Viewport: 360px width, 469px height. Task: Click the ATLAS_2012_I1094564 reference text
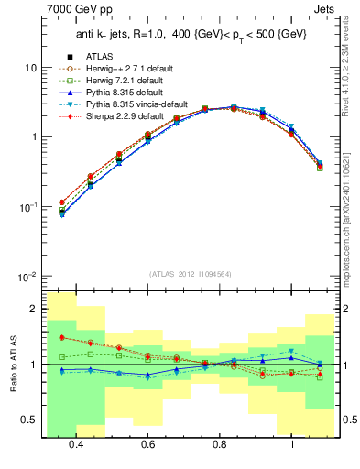[189, 274]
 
